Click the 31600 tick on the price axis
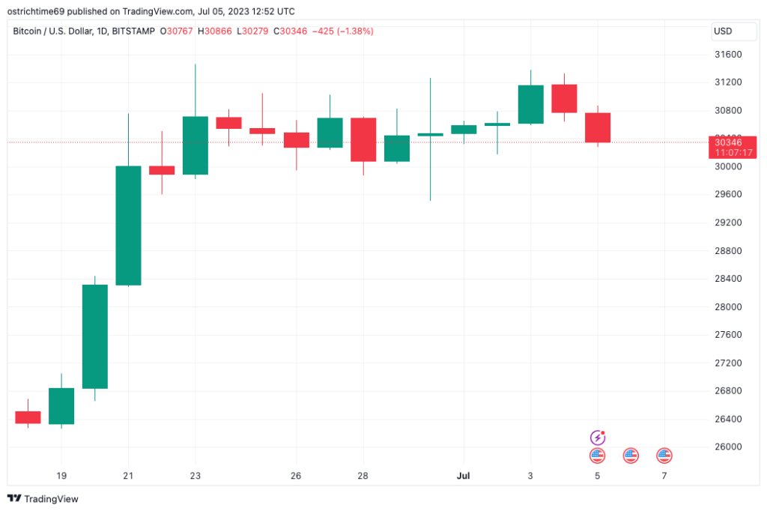(728, 55)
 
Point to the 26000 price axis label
(728, 447)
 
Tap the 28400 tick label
(728, 279)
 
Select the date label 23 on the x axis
(195, 476)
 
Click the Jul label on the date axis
(464, 476)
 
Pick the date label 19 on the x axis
(61, 476)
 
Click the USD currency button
(724, 31)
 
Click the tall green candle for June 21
(128, 225)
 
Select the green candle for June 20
(94, 336)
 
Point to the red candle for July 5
(598, 127)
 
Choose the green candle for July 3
(530, 104)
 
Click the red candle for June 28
(363, 139)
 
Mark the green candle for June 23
(195, 145)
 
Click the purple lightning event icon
(598, 437)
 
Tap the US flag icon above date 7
(664, 455)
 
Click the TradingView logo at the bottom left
(43, 499)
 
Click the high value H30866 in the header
(213, 31)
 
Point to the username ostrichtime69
(44, 11)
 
